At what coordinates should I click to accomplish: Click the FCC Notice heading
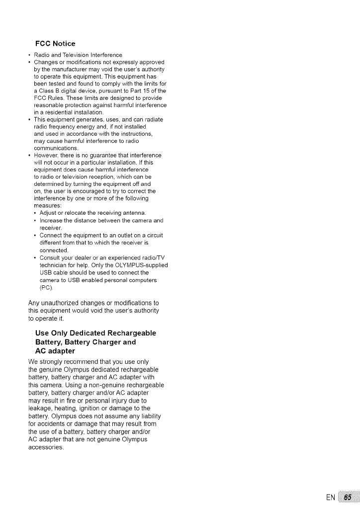point(55,44)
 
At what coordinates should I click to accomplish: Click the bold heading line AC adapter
point(55,351)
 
